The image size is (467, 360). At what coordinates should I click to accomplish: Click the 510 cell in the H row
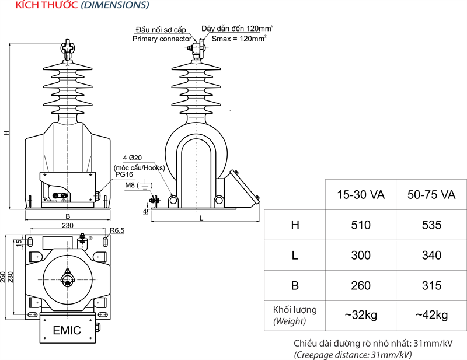pyautogui.click(x=361, y=225)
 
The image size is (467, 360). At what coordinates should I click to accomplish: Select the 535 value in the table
pyautogui.click(x=431, y=225)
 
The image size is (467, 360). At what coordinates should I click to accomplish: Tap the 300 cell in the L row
pyautogui.click(x=361, y=256)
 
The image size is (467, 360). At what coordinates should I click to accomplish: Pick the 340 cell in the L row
pyautogui.click(x=431, y=256)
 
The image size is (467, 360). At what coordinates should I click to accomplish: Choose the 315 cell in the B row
pyautogui.click(x=431, y=286)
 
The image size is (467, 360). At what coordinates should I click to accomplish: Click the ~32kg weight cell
pyautogui.click(x=361, y=315)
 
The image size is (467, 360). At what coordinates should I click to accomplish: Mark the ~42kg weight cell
pyautogui.click(x=431, y=315)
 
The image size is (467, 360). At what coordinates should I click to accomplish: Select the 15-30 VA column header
pyautogui.click(x=361, y=194)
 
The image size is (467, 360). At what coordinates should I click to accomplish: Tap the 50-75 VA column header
pyautogui.click(x=431, y=194)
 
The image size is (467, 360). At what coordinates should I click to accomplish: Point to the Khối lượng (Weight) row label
pyautogui.click(x=294, y=315)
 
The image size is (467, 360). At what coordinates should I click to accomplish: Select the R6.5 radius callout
pyautogui.click(x=117, y=230)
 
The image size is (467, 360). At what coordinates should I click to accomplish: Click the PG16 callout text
pyautogui.click(x=124, y=174)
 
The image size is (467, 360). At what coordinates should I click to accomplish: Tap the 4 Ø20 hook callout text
pyautogui.click(x=134, y=158)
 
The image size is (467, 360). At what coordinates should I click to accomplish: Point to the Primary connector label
pyautogui.click(x=162, y=39)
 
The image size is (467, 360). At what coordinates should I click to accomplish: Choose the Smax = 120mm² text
pyautogui.click(x=239, y=39)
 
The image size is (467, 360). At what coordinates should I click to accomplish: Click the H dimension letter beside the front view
pyautogui.click(x=6, y=133)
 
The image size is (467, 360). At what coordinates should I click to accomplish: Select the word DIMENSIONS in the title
pyautogui.click(x=114, y=5)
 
